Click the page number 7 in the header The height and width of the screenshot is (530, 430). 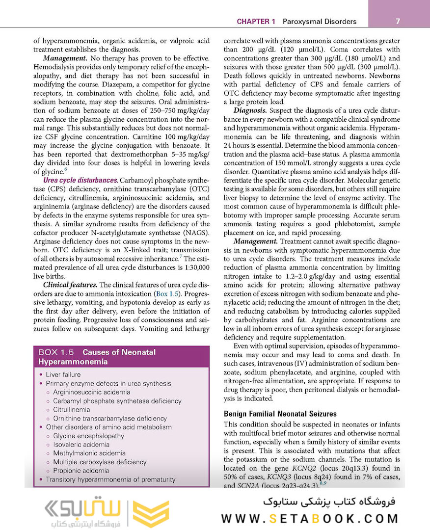point(397,21)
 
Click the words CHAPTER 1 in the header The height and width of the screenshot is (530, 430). point(256,22)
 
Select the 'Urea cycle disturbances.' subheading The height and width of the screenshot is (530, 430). point(81,181)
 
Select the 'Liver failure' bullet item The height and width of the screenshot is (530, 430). point(63,374)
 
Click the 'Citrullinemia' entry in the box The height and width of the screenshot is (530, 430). point(71,409)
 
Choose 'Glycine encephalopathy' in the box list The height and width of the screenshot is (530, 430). point(88,436)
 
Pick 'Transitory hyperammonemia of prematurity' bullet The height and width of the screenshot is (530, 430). point(110,479)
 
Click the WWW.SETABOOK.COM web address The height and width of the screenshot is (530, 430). point(309,518)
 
